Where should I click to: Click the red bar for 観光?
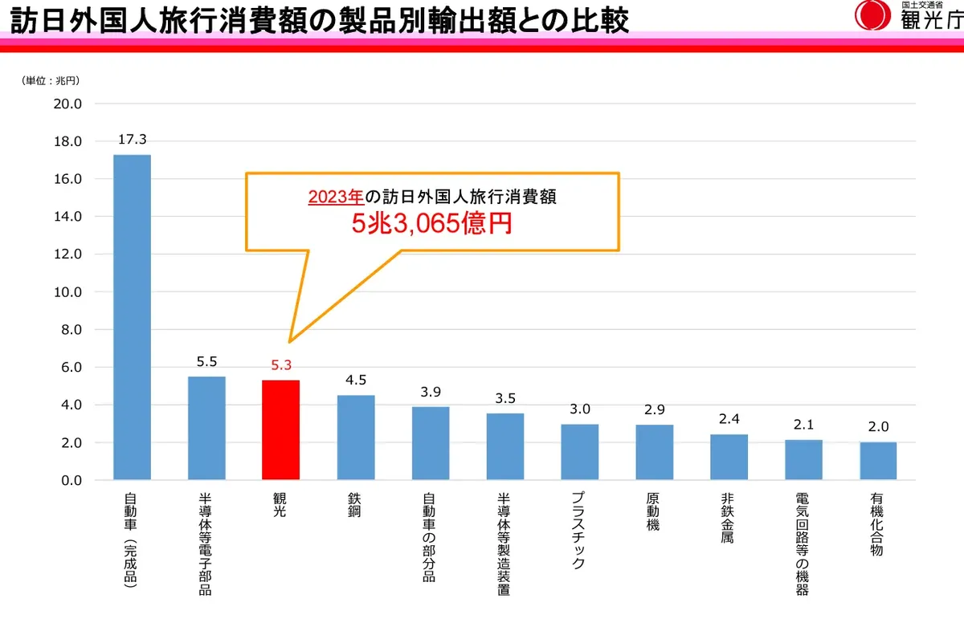(281, 430)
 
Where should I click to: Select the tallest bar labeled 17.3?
(132, 317)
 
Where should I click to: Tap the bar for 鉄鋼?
(356, 438)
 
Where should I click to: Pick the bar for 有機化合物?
(878, 461)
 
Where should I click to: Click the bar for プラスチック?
(580, 452)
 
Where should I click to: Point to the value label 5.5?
(206, 361)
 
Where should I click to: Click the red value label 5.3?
(281, 365)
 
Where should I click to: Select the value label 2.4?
(729, 419)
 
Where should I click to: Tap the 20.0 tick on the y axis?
(67, 104)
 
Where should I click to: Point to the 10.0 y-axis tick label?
(67, 292)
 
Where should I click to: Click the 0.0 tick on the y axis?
(71, 481)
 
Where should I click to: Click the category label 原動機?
(654, 514)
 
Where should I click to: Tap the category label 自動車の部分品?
(430, 537)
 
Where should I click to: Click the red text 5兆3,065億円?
(431, 224)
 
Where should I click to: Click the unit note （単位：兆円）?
(51, 80)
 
